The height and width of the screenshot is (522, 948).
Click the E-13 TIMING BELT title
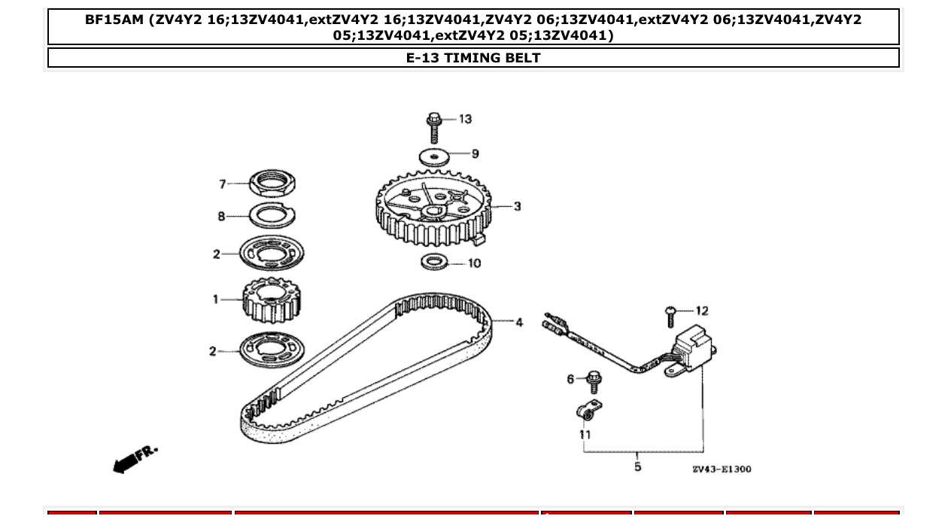(473, 58)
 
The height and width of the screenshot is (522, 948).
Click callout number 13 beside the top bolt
(465, 119)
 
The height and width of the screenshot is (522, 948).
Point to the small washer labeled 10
(433, 263)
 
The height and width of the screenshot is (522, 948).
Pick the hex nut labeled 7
(272, 182)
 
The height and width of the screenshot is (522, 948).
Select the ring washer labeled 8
(272, 215)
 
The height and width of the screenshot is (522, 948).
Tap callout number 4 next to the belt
(519, 323)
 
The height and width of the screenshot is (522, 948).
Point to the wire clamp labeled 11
(588, 411)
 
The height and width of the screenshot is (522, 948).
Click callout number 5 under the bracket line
(638, 467)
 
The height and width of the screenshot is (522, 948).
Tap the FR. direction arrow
(135, 459)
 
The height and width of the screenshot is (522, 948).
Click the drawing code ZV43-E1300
(722, 469)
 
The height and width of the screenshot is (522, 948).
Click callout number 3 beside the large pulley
(518, 206)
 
